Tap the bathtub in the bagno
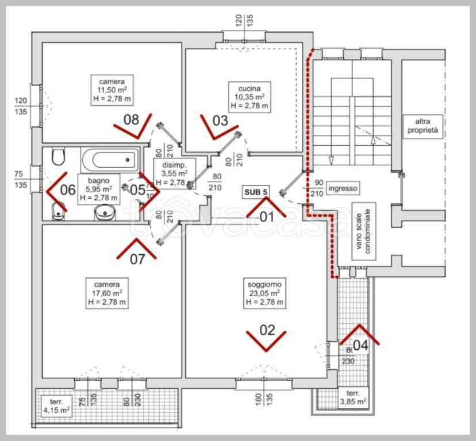point(109,158)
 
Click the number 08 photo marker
point(132,120)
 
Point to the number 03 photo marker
point(220,121)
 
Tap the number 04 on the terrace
point(360,345)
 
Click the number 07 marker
point(137,258)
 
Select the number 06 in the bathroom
point(68,189)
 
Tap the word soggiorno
point(264,284)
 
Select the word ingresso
point(343,188)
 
